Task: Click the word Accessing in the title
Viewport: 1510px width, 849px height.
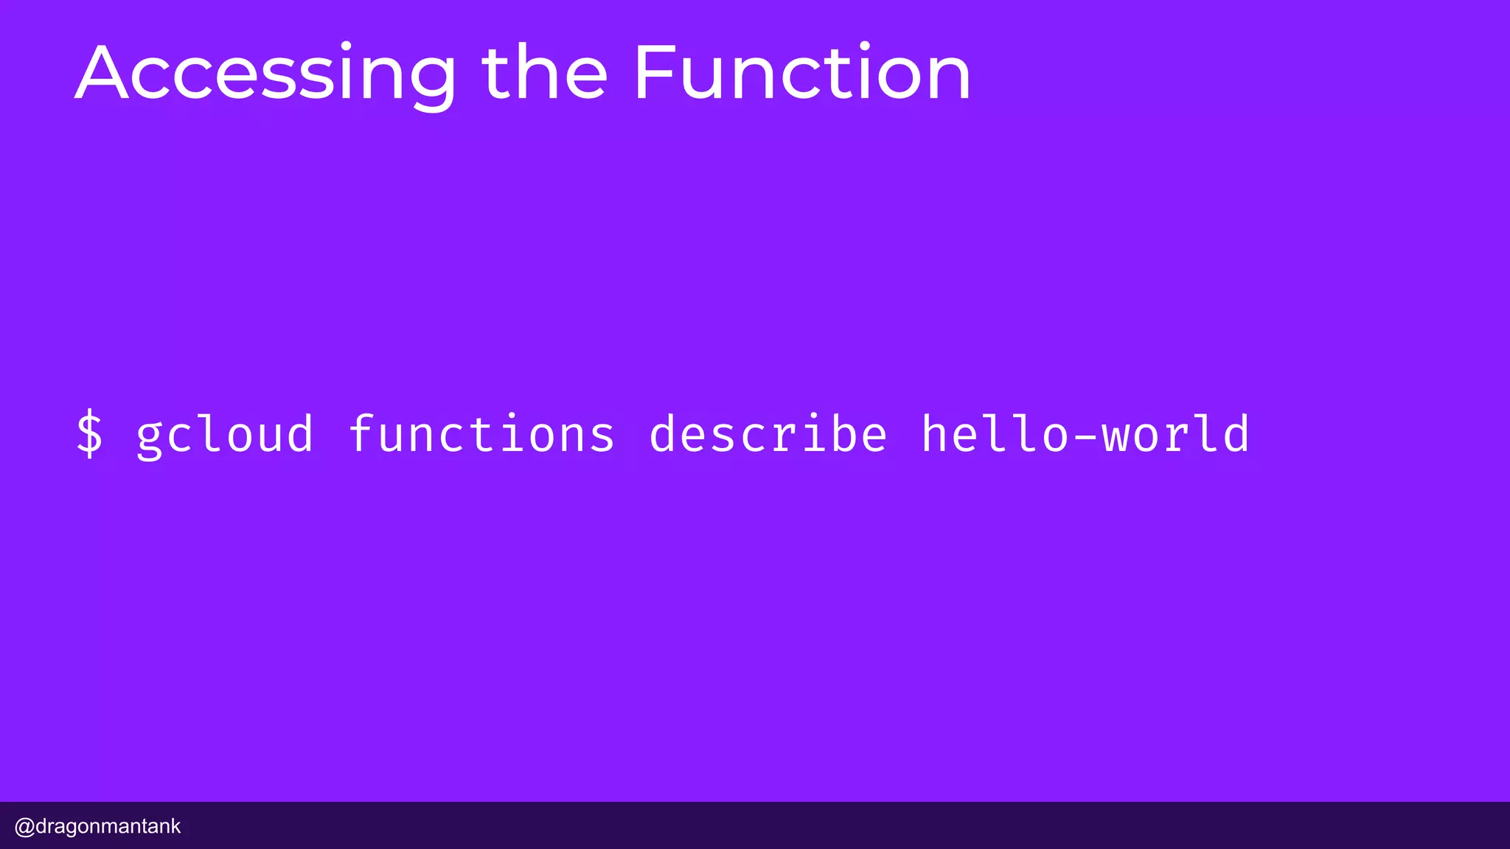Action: (x=265, y=74)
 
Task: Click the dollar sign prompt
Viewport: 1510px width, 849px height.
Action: (x=90, y=434)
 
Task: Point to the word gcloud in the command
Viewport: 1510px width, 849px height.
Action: (x=226, y=434)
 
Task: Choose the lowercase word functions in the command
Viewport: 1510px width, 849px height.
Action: (x=481, y=434)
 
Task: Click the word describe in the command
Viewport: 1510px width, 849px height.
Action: (x=768, y=434)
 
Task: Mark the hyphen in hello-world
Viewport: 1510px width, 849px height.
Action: (x=1085, y=436)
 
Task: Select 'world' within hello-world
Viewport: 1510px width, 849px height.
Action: (x=1176, y=434)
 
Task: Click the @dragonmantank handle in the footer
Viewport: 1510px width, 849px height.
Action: (x=97, y=826)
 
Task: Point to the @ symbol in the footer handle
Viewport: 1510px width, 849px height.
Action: (x=24, y=826)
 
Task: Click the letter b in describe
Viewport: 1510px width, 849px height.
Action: (x=841, y=433)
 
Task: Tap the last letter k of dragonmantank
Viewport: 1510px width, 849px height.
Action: (x=175, y=826)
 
